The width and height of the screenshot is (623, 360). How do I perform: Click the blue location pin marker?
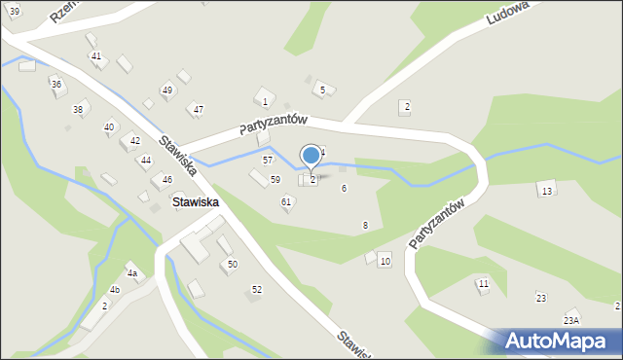click(311, 156)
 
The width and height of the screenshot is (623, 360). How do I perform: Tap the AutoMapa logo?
click(560, 342)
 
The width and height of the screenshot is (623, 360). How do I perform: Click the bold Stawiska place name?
click(195, 202)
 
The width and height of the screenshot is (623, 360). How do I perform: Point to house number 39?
click(14, 10)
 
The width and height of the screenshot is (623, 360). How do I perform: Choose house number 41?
click(95, 55)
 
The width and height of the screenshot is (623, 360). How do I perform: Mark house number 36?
click(56, 85)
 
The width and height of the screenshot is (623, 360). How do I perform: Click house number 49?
click(167, 90)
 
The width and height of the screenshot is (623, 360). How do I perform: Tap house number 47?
click(198, 109)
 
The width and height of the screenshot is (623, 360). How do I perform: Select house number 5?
click(321, 90)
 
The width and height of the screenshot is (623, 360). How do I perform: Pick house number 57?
click(268, 159)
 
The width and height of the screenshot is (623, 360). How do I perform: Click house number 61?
click(286, 201)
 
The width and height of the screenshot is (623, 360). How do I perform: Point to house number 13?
click(547, 191)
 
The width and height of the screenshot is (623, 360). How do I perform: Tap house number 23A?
click(570, 320)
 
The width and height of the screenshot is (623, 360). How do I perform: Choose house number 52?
click(257, 289)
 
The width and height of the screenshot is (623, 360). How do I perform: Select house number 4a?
click(131, 274)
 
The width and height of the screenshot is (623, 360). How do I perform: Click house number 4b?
click(115, 290)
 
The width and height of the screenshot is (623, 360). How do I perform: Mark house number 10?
click(385, 261)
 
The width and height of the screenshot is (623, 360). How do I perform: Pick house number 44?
click(145, 160)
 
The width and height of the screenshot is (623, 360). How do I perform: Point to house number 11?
click(483, 283)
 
